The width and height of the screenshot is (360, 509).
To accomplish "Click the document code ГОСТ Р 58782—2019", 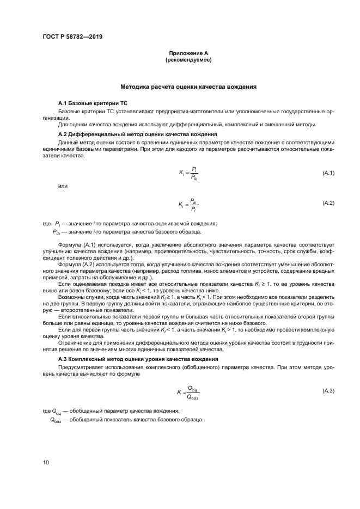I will click(x=72, y=36).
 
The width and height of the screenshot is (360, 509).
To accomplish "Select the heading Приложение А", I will click(x=188, y=53).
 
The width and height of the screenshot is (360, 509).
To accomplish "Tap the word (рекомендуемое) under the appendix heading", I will click(x=188, y=60).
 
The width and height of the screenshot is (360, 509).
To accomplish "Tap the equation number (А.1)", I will click(x=328, y=173).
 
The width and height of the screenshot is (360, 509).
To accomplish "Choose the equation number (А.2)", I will click(x=328, y=203).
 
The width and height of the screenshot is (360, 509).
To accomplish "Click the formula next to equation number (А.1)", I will click(x=188, y=173).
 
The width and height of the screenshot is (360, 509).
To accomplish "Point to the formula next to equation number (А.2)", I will click(x=188, y=204).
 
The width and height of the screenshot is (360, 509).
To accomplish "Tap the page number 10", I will click(x=46, y=462).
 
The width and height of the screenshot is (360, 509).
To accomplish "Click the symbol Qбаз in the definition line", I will click(x=56, y=420).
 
